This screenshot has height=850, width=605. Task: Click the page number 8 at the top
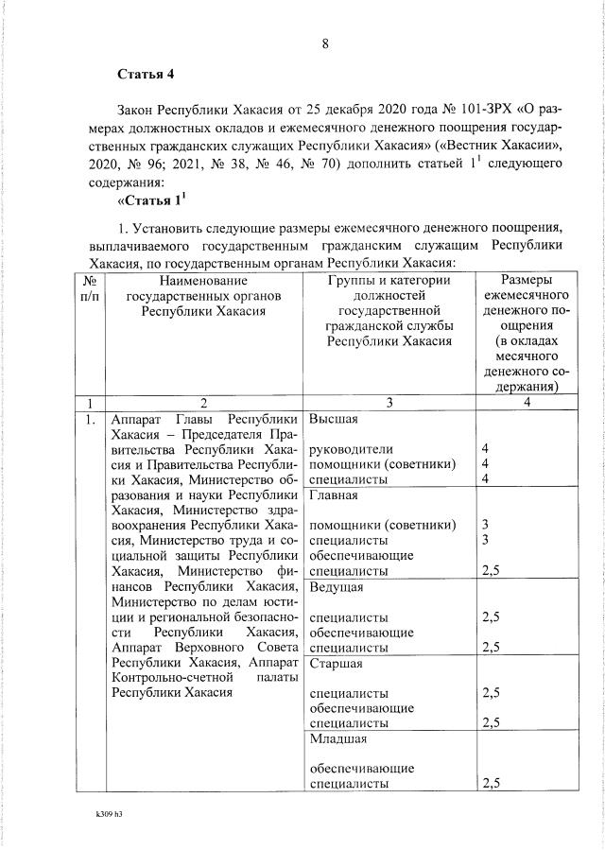[324, 43]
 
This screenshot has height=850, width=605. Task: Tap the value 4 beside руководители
[485, 448]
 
